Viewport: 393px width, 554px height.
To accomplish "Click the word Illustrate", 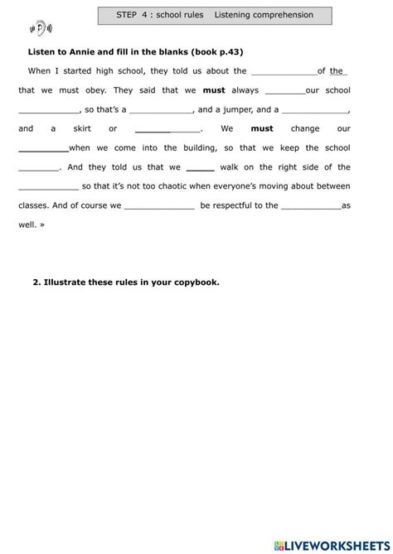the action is (65, 282).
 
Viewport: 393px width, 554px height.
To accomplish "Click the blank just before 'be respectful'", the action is (159, 205).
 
